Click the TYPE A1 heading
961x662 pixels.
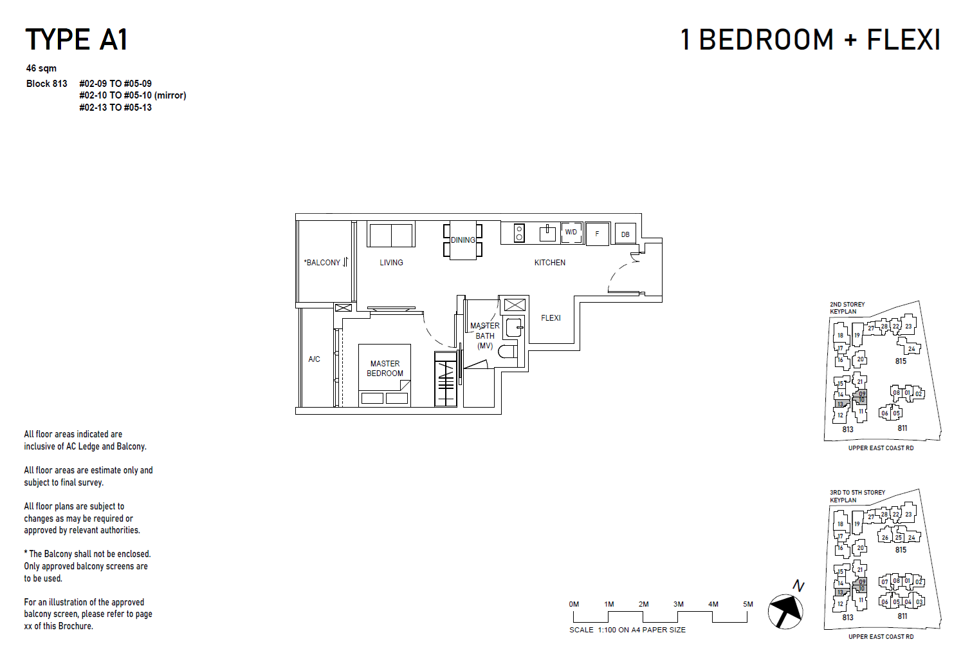coord(76,39)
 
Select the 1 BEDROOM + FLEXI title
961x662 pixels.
coord(810,39)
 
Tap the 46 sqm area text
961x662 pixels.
coord(41,68)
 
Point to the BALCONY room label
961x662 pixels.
coord(323,263)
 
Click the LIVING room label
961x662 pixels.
coord(391,263)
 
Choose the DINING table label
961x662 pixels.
coord(462,240)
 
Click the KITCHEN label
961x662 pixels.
coord(549,263)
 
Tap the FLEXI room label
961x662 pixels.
coord(551,318)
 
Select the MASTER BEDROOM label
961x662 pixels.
coord(385,368)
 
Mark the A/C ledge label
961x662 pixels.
coord(314,359)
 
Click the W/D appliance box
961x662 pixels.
coord(571,232)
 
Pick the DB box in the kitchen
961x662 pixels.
coord(625,234)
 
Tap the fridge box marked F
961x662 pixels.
coord(597,234)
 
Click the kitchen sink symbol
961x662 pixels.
coord(547,232)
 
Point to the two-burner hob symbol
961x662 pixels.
coord(519,233)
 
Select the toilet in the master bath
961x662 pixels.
coord(508,352)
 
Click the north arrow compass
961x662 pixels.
coord(785,610)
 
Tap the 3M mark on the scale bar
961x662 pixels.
coord(678,605)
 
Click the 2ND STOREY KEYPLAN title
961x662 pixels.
coord(847,308)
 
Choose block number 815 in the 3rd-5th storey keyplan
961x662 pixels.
coord(901,550)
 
